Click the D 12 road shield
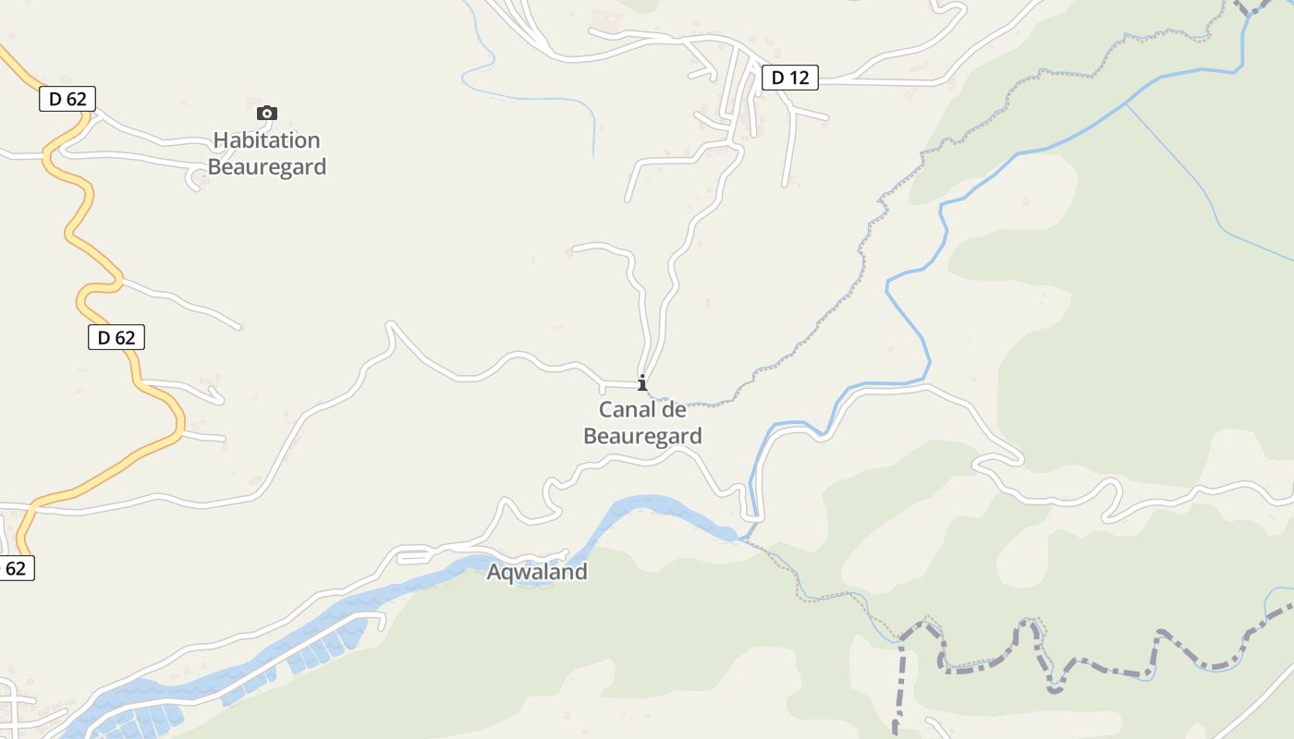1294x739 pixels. coord(789,78)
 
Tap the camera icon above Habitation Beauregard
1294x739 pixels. coord(266,113)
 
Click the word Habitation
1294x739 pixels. coord(266,140)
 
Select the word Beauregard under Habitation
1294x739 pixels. coord(266,167)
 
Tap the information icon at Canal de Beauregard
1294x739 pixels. coord(642,382)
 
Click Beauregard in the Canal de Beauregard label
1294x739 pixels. coord(642,436)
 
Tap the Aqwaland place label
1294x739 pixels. coord(537,572)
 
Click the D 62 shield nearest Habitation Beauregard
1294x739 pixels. coord(67,99)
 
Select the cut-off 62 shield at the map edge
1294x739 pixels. coord(16,568)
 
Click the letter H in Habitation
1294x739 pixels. coord(220,140)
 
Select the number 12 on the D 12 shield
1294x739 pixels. coord(799,78)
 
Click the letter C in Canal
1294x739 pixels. coord(606,409)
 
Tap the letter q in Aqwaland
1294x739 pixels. coord(508,574)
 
